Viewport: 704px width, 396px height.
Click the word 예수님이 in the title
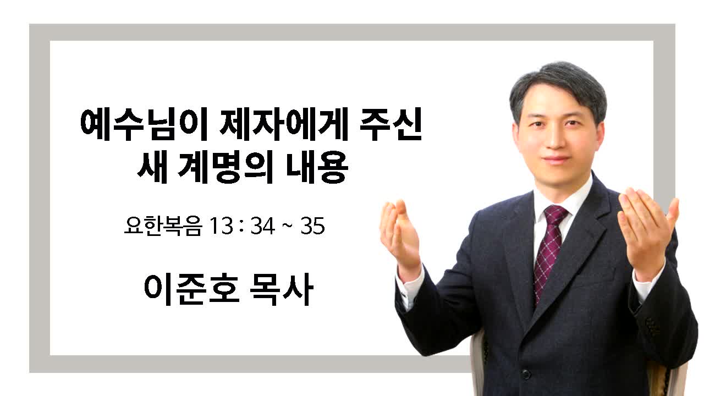coord(144,125)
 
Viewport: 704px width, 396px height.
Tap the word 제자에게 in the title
coord(284,125)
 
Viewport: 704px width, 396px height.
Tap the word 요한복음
coord(163,226)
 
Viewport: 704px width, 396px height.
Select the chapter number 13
coord(221,226)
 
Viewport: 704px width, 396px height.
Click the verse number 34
coord(263,226)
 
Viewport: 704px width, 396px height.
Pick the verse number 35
coord(312,226)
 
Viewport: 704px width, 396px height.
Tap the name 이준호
coord(192,289)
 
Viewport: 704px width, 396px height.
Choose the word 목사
coord(282,289)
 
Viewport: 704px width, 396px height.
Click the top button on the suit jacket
coord(525,374)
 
